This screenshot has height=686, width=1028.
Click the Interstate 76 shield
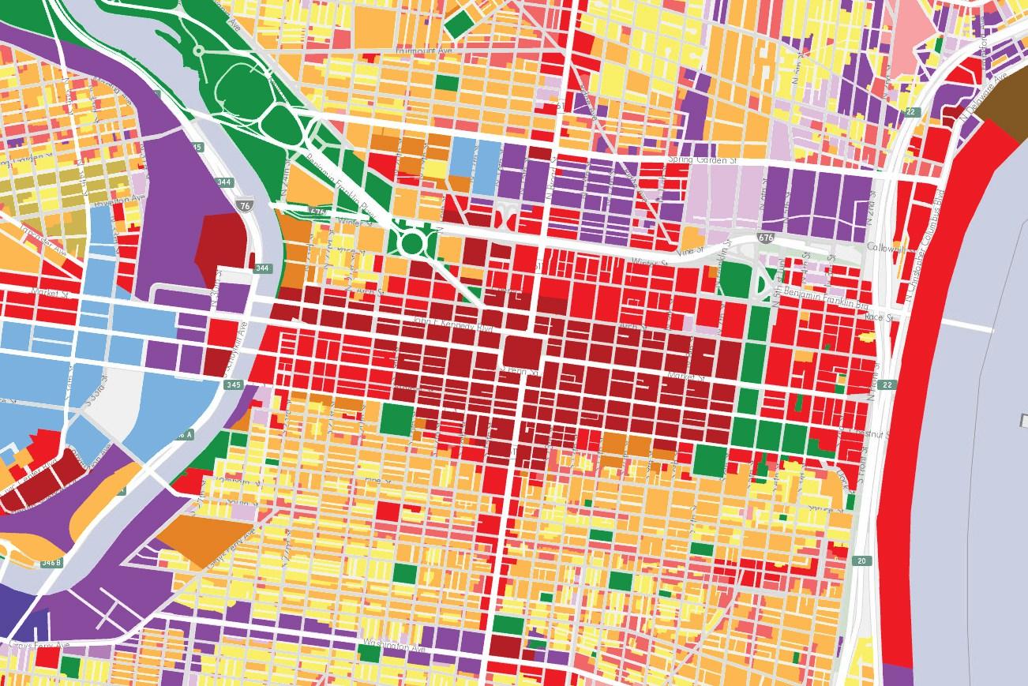[243, 204]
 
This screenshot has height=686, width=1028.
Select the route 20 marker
[862, 561]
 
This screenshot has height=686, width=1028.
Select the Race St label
[877, 318]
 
